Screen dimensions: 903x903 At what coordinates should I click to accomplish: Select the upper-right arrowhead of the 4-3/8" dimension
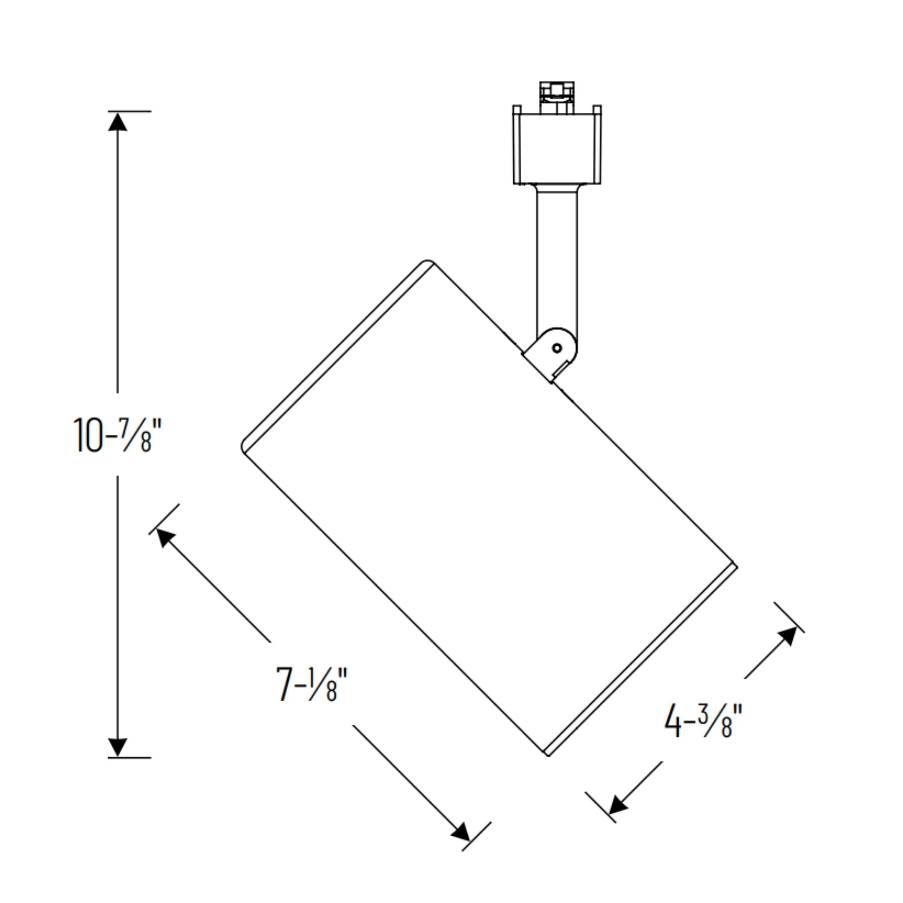click(x=787, y=637)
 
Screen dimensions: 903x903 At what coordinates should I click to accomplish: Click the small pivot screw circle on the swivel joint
click(x=557, y=348)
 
